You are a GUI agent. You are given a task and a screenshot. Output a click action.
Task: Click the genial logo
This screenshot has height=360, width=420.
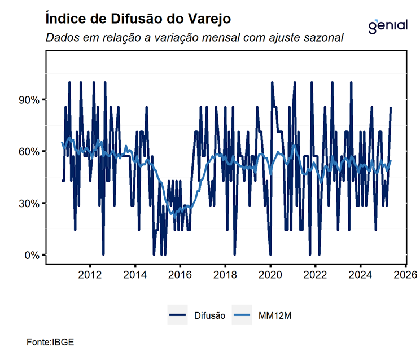coord(387,25)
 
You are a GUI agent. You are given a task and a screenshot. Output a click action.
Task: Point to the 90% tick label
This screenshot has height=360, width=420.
coord(28,100)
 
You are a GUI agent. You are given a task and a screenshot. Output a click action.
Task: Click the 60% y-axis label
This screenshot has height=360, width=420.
coord(28,152)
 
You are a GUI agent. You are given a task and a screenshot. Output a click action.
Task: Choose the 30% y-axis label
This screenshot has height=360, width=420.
coord(28,203)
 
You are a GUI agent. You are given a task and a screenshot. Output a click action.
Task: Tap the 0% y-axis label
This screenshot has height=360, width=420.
coord(30,255)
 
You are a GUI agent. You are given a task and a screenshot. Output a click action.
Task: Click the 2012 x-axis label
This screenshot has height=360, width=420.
coord(90,275)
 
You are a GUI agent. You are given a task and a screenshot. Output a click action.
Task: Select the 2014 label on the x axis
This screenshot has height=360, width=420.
coord(135,275)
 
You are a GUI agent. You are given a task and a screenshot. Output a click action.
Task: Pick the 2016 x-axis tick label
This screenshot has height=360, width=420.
coord(180,275)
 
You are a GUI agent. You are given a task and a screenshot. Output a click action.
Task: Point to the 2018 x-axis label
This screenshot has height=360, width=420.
coord(225,275)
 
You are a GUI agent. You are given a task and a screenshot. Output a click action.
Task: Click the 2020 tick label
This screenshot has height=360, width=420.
coord(270,275)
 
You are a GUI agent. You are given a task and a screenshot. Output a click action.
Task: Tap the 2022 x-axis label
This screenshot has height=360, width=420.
coord(315,275)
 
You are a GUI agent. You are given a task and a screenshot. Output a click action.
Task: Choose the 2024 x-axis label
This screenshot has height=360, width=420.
coord(360,275)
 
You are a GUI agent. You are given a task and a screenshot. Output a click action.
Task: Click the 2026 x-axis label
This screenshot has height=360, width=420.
coord(405,275)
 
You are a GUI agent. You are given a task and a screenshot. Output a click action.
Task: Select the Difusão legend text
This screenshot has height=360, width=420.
coord(209,316)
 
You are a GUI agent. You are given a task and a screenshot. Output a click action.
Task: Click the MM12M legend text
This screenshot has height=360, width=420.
coord(275,316)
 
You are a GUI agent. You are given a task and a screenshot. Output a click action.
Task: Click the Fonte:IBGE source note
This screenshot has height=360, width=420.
coord(50,342)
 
